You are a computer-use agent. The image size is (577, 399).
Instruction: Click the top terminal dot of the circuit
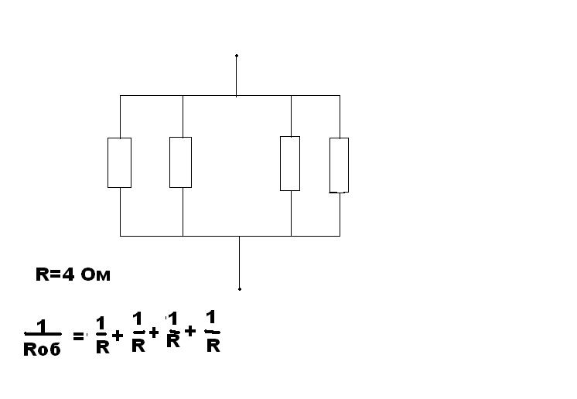click(x=237, y=56)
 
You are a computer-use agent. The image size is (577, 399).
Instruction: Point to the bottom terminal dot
click(x=240, y=289)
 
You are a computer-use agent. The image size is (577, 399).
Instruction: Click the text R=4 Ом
click(x=73, y=275)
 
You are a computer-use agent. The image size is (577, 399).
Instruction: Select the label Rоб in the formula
click(x=42, y=349)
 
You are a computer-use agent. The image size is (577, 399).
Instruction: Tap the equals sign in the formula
click(x=78, y=336)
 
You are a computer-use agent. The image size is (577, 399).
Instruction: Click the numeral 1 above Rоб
click(x=42, y=326)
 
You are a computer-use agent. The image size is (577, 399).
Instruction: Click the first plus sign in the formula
click(x=118, y=335)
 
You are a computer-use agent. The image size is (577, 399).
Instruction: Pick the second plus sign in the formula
click(x=153, y=332)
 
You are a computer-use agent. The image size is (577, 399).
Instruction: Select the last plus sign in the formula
click(x=190, y=331)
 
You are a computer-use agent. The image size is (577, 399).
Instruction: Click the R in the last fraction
click(x=213, y=346)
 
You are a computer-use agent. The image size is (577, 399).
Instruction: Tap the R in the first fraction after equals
click(x=103, y=346)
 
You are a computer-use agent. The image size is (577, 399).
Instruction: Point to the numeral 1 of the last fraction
click(x=211, y=317)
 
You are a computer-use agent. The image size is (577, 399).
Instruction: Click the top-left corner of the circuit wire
click(x=120, y=96)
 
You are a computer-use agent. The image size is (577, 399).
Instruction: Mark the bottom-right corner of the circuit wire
click(x=340, y=236)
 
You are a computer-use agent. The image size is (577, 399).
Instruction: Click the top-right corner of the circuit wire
click(x=340, y=96)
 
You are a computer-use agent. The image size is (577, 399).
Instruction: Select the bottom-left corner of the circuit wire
click(x=120, y=236)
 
